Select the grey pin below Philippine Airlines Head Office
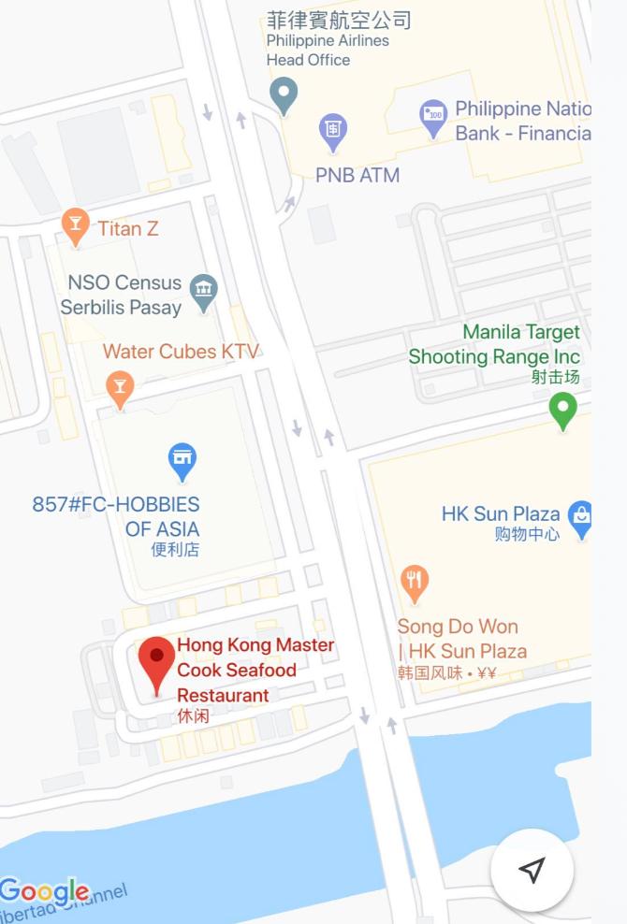(283, 94)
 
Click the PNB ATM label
(357, 175)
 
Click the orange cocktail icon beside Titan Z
(75, 225)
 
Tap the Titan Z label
(128, 228)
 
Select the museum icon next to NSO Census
(203, 292)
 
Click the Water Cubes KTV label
(181, 352)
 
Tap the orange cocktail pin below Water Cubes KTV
(119, 388)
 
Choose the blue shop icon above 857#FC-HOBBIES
(182, 459)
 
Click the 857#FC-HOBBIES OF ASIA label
(116, 516)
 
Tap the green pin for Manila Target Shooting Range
(562, 409)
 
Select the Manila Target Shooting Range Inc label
(494, 344)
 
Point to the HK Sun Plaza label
(501, 513)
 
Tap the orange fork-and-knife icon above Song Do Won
(415, 582)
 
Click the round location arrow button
(532, 870)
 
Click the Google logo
(45, 892)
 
